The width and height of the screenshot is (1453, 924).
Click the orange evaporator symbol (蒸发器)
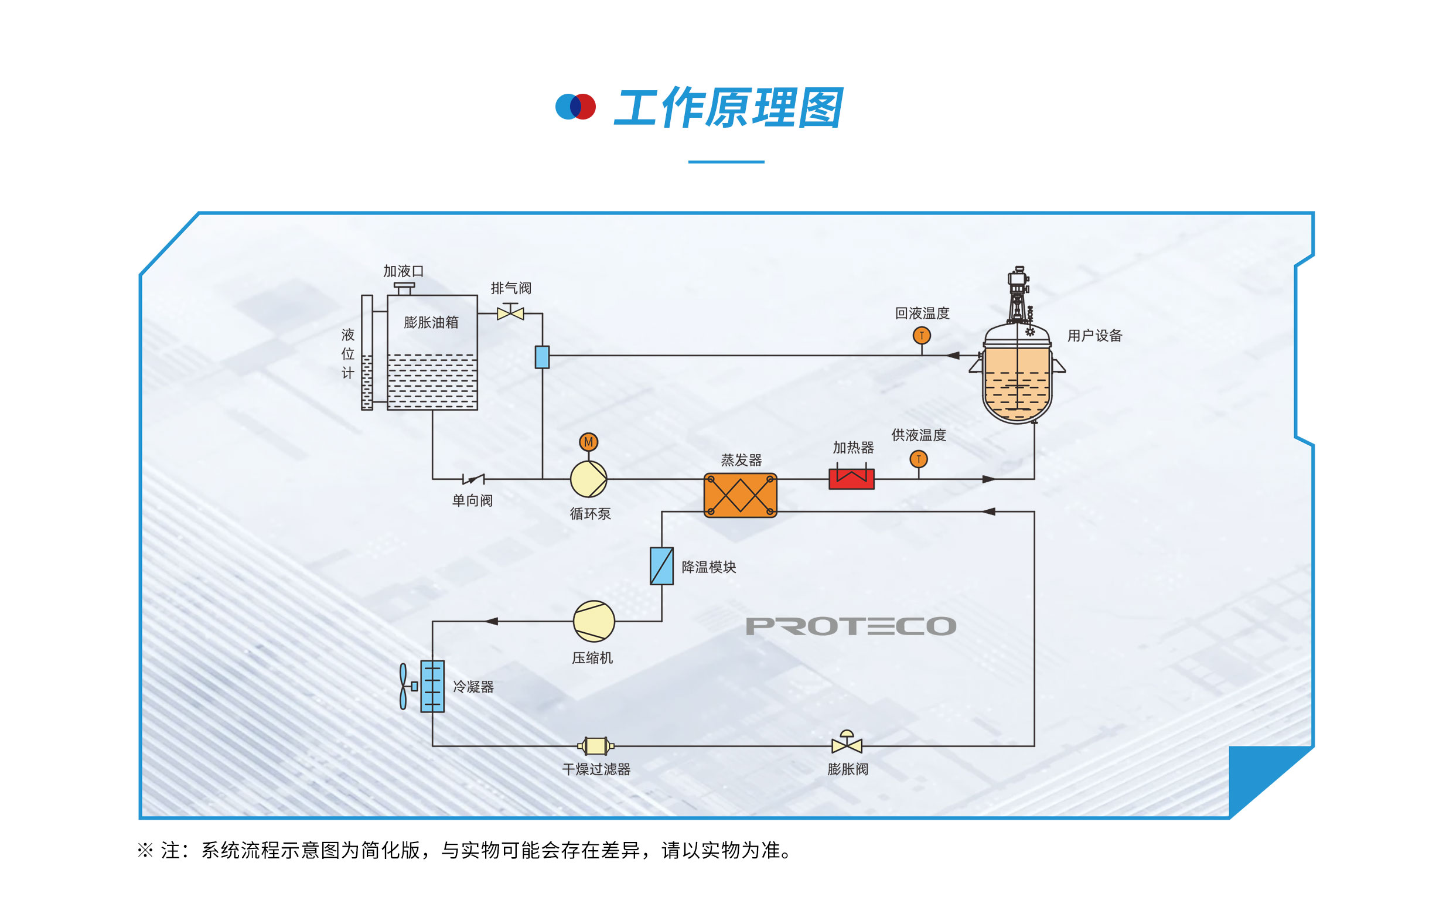point(740,496)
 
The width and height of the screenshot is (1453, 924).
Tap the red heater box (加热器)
point(851,479)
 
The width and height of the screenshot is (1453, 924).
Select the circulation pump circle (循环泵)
point(588,479)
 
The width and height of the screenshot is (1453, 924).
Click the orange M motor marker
point(588,442)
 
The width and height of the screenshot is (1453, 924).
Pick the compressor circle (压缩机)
point(594,621)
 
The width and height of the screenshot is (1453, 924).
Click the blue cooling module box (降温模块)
point(661,566)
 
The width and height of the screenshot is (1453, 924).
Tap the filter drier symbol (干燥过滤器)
point(596,746)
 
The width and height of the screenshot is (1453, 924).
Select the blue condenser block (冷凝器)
point(432,686)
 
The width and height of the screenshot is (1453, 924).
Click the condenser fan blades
point(403,686)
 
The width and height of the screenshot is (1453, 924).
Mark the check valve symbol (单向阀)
point(473,479)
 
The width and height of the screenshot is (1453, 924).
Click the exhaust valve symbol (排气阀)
point(510,313)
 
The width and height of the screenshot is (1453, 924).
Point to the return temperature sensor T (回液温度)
point(922,336)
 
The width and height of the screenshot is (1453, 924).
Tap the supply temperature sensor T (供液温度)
point(919,459)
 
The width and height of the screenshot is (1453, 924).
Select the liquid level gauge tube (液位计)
point(367,353)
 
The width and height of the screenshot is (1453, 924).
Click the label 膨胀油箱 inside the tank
point(431,322)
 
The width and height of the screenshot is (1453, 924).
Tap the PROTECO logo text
point(851,626)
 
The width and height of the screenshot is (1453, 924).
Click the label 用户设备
point(1094,336)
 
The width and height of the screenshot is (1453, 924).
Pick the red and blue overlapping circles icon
point(575,107)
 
